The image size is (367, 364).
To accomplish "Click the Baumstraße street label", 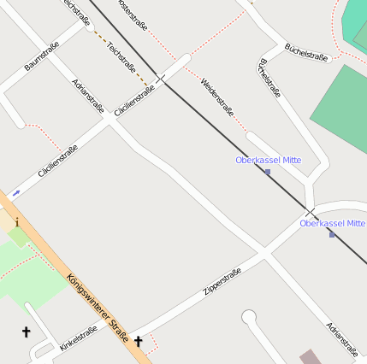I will pos(41,56).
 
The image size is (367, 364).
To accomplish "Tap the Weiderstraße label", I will pos(217,96).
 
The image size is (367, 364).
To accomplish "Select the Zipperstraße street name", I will pos(222,283).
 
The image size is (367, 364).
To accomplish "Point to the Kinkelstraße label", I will pos(79,338).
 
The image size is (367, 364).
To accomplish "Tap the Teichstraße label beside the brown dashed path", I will pos(121,57).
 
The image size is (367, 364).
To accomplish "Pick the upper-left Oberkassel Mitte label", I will pos(269,160).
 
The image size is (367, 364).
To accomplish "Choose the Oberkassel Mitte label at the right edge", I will pos(332,223).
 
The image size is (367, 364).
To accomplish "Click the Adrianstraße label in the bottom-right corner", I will pos(341,339).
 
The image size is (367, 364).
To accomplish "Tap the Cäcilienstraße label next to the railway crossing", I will pos(134,100).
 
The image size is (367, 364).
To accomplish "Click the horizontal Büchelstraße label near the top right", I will pos(306,51).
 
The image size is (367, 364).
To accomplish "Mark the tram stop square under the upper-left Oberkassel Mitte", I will pos(268,172).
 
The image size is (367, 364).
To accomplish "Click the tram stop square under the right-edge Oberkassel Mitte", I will pos(332,234).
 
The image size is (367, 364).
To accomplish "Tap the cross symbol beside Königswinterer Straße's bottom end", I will pos(139,341).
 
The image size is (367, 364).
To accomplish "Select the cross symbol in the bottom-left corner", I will pos(26,332).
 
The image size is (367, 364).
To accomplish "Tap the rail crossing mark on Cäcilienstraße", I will pos(162,81).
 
